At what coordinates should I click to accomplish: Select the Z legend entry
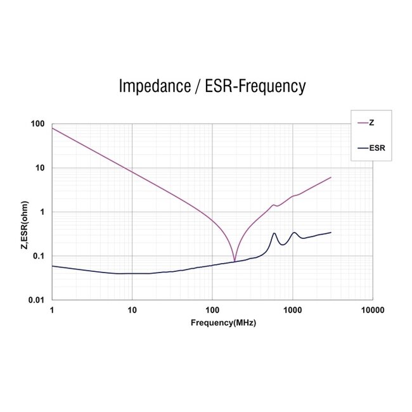tap(371, 122)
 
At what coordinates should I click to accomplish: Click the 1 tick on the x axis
tap(52, 311)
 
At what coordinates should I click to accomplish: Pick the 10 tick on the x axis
tap(132, 311)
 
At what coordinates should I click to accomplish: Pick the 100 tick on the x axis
tap(212, 311)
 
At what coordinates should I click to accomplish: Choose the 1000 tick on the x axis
tap(292, 311)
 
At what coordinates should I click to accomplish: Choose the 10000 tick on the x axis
tap(371, 311)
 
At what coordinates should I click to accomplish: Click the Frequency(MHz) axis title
tap(223, 323)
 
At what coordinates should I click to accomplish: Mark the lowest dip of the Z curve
tap(235, 261)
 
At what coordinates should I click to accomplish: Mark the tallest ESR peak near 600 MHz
tap(274, 233)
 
